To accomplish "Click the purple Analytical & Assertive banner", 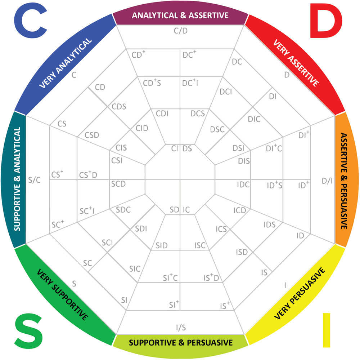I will (x=180, y=15).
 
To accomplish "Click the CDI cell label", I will (x=162, y=114).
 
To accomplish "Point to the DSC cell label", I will (x=217, y=129).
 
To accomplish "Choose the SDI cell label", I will (x=141, y=228).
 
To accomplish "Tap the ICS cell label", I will (x=221, y=229).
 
